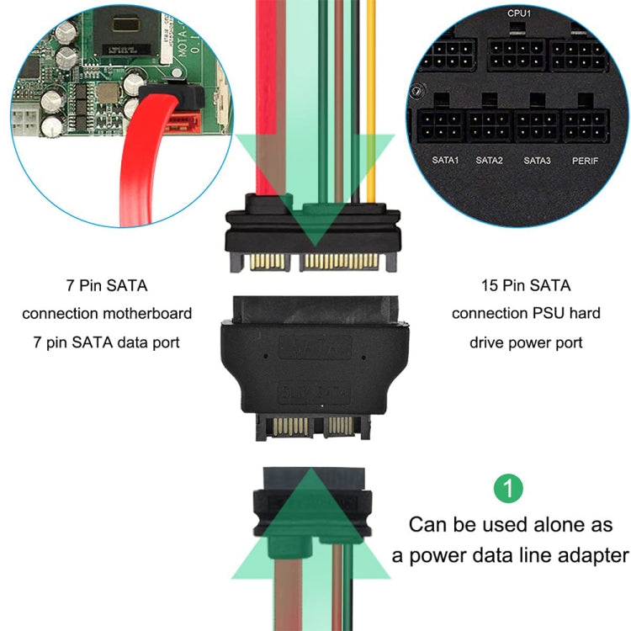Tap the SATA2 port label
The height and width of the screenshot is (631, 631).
click(488, 159)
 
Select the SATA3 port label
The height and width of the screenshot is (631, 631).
click(537, 159)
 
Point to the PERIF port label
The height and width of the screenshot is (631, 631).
click(585, 159)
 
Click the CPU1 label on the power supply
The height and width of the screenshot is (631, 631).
click(518, 13)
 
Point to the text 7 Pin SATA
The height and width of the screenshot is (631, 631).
click(107, 286)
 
